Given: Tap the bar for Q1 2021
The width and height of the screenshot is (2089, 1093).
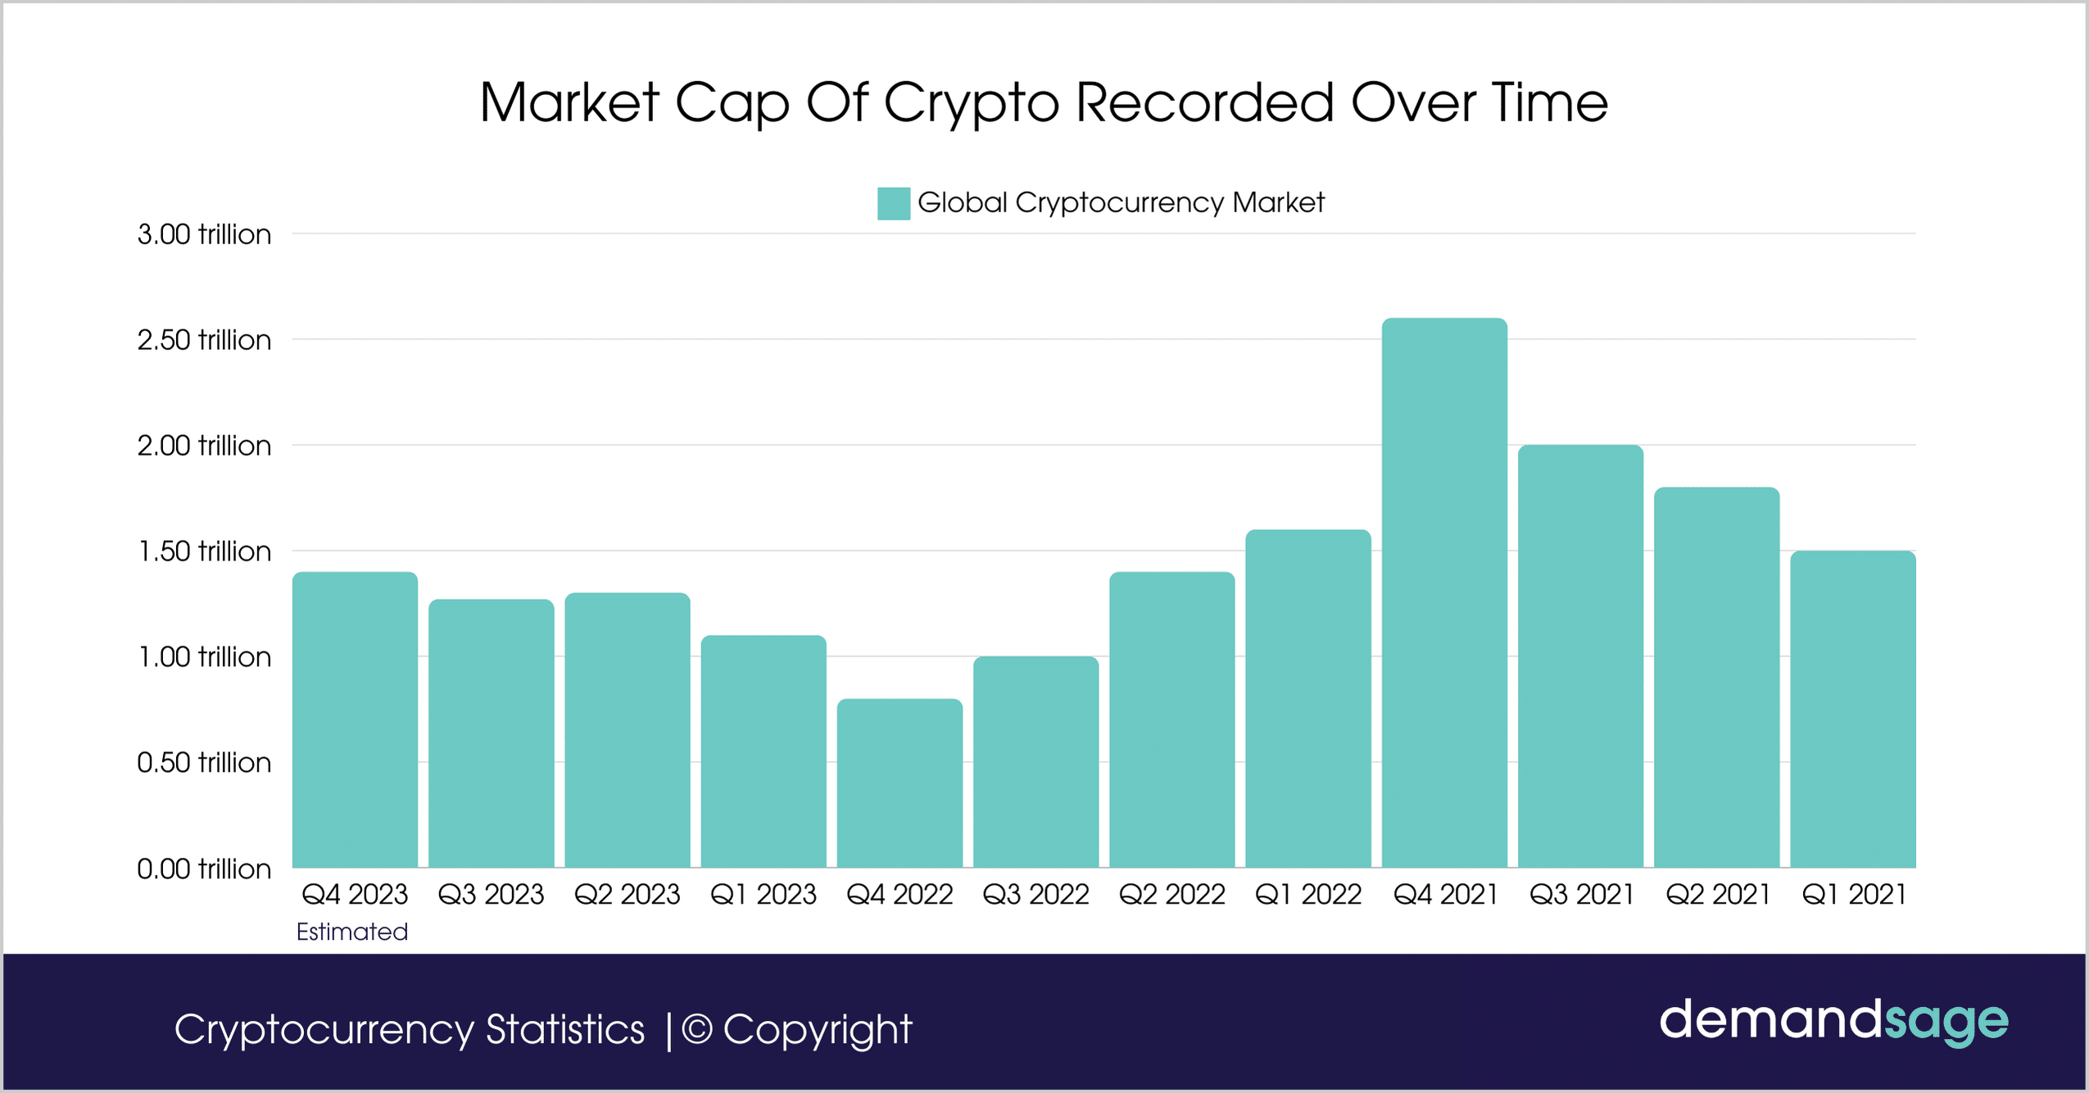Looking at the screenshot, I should click(1853, 709).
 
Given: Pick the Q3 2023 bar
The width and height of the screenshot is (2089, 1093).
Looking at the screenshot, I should click(492, 733).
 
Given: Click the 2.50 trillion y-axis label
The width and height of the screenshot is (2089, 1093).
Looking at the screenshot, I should click(204, 340).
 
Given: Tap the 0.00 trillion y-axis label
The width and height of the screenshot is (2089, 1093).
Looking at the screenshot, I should click(204, 869).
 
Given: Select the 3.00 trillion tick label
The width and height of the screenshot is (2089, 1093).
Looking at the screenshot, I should click(204, 234).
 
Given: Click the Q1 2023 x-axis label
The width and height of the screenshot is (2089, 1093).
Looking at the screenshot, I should click(764, 894).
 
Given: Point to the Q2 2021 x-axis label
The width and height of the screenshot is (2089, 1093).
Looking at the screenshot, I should click(1718, 894).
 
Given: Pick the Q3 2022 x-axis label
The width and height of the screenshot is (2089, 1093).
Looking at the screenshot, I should click(1035, 894).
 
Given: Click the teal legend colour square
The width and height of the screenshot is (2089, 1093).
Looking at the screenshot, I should click(893, 203).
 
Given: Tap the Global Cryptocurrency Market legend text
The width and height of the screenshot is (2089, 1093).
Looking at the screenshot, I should click(1121, 202).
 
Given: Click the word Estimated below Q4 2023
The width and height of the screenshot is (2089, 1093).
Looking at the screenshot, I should click(352, 932).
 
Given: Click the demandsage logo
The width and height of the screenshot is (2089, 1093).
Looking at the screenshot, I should click(1833, 1021).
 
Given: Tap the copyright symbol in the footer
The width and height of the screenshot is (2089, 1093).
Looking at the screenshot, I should click(696, 1030).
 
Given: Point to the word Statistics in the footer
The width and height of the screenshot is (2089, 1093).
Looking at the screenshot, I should click(565, 1030).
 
